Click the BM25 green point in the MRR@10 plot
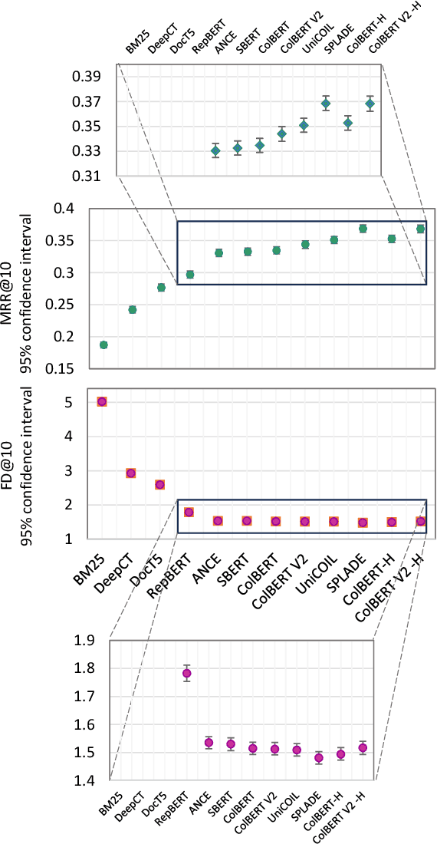(x=103, y=345)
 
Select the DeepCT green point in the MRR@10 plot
(x=132, y=310)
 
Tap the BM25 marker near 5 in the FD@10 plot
(x=102, y=401)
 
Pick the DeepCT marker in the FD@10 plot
(x=131, y=473)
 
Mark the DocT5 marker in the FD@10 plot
(x=159, y=485)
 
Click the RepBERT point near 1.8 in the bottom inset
(x=186, y=674)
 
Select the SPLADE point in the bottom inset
(x=319, y=758)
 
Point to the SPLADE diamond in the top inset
(x=326, y=104)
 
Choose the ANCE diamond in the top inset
(x=215, y=151)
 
